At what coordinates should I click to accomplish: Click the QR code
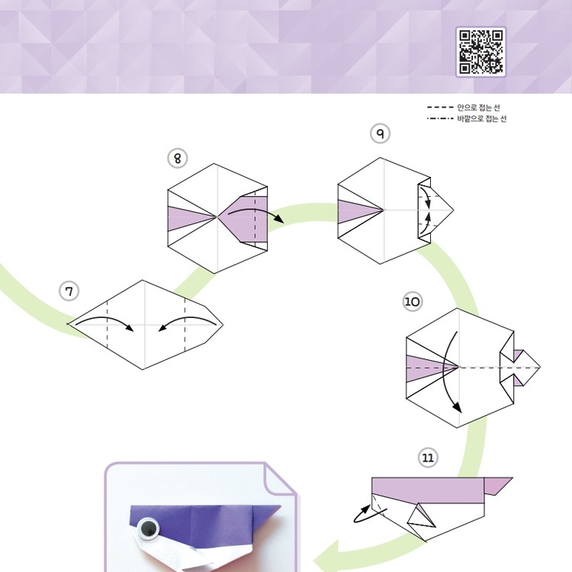pyautogui.click(x=480, y=52)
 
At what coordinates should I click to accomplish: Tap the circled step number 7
pyautogui.click(x=69, y=291)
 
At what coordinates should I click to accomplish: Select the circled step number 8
pyautogui.click(x=177, y=159)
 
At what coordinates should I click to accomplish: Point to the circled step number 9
pyautogui.click(x=380, y=133)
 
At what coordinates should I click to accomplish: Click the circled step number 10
pyautogui.click(x=413, y=302)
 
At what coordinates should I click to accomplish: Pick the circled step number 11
pyautogui.click(x=428, y=458)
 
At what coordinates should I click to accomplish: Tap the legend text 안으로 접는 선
pyautogui.click(x=478, y=108)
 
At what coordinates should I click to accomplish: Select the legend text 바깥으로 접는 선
pyautogui.click(x=482, y=118)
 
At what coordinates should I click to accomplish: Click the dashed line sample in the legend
pyautogui.click(x=440, y=108)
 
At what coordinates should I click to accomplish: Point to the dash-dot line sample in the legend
pyautogui.click(x=440, y=118)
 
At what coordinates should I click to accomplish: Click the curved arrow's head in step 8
pyautogui.click(x=279, y=219)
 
